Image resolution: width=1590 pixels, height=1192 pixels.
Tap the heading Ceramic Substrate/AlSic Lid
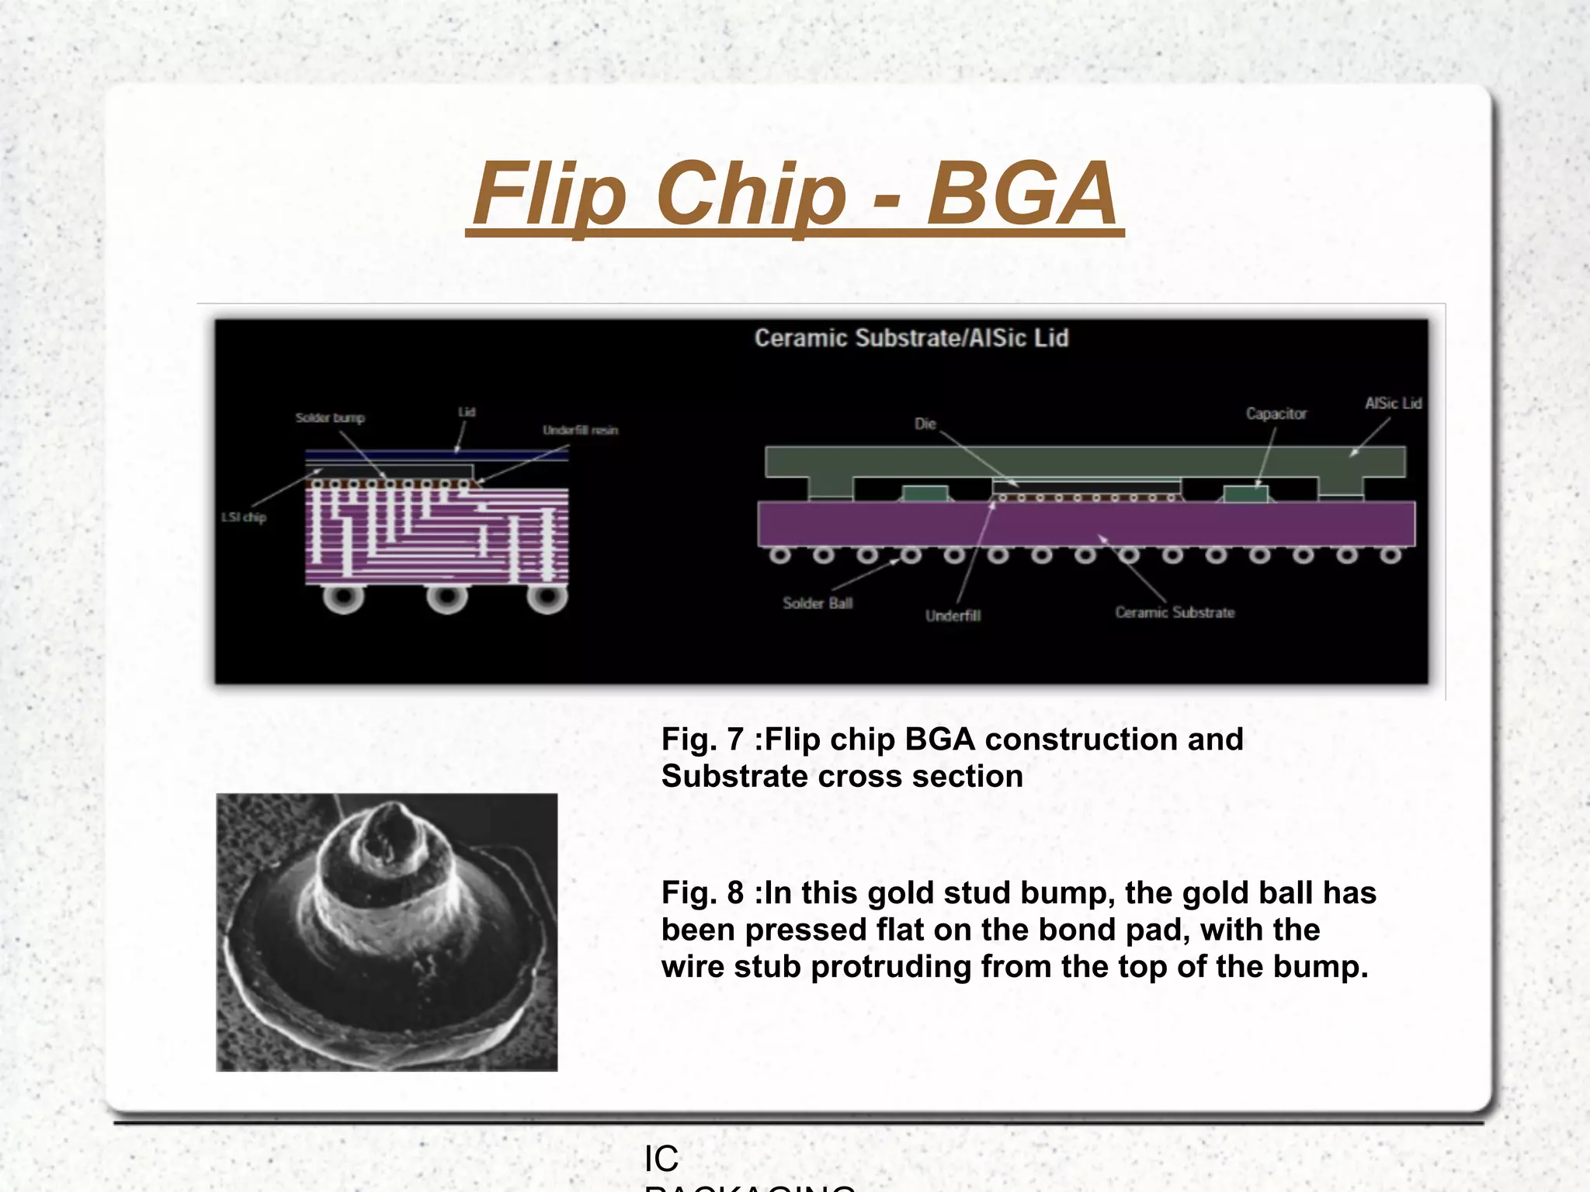click(911, 338)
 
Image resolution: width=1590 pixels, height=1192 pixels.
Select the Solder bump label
click(330, 418)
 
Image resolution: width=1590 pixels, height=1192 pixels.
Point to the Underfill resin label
click(580, 430)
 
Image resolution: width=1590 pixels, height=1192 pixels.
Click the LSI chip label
click(244, 517)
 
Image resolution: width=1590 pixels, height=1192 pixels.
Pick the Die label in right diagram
click(925, 424)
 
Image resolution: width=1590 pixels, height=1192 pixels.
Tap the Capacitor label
click(1276, 414)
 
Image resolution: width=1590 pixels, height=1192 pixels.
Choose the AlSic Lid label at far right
click(1393, 404)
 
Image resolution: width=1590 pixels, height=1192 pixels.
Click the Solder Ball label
click(817, 603)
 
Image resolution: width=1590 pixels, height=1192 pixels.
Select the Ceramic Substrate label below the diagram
click(1174, 612)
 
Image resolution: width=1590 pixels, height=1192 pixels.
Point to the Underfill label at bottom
click(953, 615)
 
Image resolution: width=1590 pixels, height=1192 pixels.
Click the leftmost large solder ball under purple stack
click(343, 598)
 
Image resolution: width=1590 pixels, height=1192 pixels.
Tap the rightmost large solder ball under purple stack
click(547, 598)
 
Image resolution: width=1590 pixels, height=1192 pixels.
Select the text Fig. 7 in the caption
click(702, 740)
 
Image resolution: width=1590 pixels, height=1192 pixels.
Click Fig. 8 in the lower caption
click(702, 893)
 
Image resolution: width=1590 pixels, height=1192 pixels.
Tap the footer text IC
click(661, 1159)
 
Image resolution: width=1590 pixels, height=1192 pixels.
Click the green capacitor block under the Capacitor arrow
click(1245, 494)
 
